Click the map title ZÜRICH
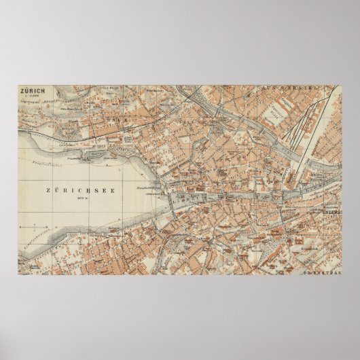coord(33,90)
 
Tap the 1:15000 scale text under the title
coord(30,95)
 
